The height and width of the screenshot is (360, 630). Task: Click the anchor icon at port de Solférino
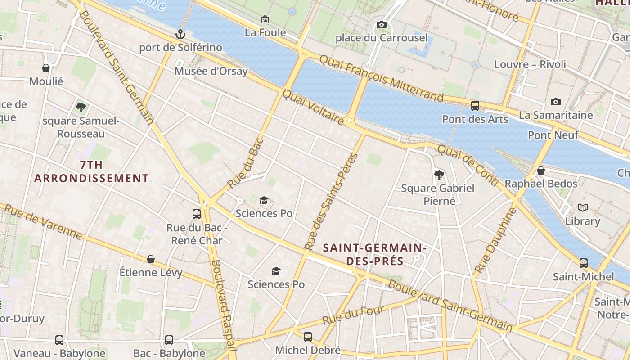pos(180,34)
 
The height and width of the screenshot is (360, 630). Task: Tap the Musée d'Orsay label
pos(211,71)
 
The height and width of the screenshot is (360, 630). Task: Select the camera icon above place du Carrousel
pos(382,24)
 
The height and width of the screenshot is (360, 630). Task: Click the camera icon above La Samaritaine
pos(556,102)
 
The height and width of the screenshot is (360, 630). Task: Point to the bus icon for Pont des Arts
pos(475,106)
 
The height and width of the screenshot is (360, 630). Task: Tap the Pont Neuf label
pos(553,135)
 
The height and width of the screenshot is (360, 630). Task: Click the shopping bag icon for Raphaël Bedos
pos(541,171)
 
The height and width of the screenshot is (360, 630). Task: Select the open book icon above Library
pos(583,207)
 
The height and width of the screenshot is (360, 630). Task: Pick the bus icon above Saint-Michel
pos(584,263)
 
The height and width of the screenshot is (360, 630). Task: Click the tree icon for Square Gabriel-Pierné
pos(439,175)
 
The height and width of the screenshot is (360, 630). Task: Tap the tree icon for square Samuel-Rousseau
pos(81,107)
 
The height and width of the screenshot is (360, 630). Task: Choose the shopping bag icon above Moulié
pos(46,68)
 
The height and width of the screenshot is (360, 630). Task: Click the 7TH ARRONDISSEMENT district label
pos(91,171)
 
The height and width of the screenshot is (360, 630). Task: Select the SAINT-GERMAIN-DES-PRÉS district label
pos(374,254)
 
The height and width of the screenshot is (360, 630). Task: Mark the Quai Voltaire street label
pos(313,107)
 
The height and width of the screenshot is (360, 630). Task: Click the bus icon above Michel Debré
pos(308,337)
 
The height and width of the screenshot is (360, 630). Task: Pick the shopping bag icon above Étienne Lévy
pos(151,259)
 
